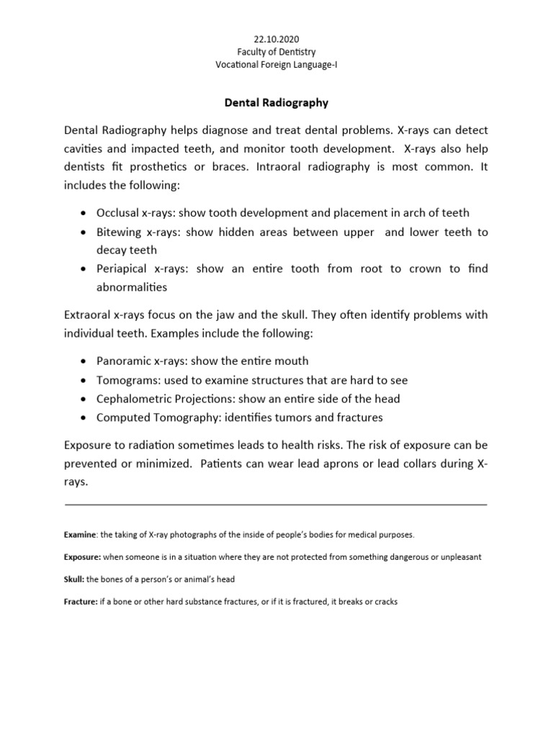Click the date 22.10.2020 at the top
pos(276,39)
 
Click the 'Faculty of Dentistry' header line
pos(276,52)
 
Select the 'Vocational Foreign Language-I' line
pos(276,65)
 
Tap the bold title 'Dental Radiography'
pos(276,103)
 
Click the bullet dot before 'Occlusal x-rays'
pos(85,213)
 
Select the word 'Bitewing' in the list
pos(120,232)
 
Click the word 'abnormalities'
pos(132,287)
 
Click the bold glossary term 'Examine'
pos(80,535)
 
